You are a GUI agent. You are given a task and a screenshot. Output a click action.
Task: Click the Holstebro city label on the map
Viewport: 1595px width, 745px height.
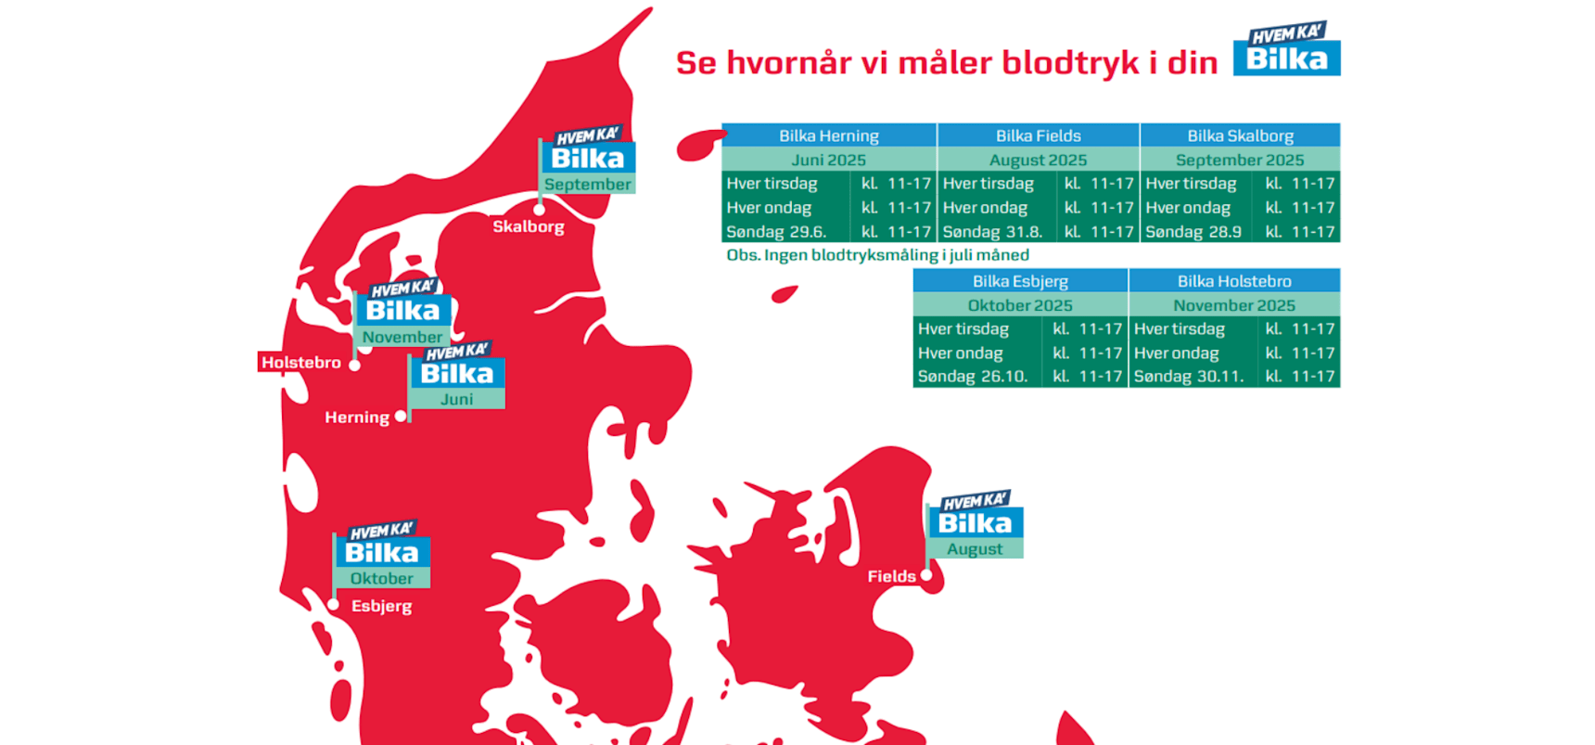pyautogui.click(x=300, y=362)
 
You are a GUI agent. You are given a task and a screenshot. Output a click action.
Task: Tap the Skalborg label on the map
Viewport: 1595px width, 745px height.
pyautogui.click(x=529, y=226)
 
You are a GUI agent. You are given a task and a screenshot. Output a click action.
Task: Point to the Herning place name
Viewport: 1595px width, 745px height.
pyautogui.click(x=357, y=417)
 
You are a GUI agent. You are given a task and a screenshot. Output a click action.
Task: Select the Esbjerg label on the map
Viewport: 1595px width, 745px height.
pyautogui.click(x=382, y=606)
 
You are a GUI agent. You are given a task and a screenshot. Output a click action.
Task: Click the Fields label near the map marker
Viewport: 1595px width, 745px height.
pyautogui.click(x=891, y=576)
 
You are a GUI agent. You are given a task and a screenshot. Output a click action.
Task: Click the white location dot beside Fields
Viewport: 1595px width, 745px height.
pyautogui.click(x=925, y=575)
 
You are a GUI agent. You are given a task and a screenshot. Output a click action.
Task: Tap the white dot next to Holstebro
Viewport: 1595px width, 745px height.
pyautogui.click(x=354, y=366)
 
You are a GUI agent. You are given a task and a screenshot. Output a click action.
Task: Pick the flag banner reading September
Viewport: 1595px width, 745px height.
pyautogui.click(x=588, y=184)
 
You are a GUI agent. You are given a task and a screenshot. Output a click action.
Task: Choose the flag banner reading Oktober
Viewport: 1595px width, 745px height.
pyautogui.click(x=382, y=578)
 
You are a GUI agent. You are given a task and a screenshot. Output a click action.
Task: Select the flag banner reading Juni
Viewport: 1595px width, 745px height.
pyautogui.click(x=457, y=399)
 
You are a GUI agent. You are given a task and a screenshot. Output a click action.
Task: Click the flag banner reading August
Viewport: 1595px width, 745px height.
pyautogui.click(x=975, y=548)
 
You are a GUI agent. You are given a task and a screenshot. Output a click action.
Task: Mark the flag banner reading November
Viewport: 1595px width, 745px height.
pyautogui.click(x=402, y=337)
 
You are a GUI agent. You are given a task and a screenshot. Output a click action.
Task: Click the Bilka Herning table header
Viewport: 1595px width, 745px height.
pyautogui.click(x=829, y=135)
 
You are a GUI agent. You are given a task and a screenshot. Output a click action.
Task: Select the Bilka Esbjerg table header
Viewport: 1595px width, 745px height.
pyautogui.click(x=1020, y=280)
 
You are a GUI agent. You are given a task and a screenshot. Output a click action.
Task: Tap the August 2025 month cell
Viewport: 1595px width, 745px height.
pyautogui.click(x=1038, y=160)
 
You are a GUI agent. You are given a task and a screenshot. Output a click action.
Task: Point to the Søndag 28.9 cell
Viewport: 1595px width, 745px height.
pyautogui.click(x=1193, y=232)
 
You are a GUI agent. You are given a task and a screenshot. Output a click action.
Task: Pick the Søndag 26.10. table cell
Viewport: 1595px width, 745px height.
pyautogui.click(x=973, y=376)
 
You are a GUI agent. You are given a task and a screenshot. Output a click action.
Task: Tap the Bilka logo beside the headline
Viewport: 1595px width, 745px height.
pyautogui.click(x=1286, y=48)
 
